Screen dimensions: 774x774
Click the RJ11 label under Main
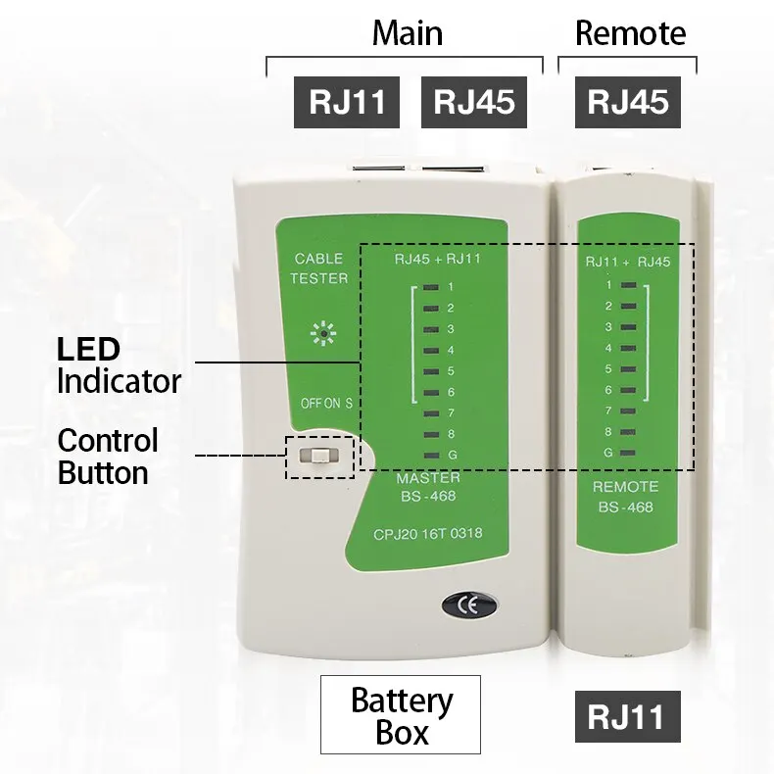click(x=347, y=102)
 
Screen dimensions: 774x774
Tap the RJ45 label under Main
click(x=474, y=102)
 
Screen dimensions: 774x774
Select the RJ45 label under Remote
click(x=628, y=102)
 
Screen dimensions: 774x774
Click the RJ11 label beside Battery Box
click(x=628, y=716)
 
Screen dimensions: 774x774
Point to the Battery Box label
click(x=401, y=714)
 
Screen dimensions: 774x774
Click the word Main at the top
click(x=408, y=33)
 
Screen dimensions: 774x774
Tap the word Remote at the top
click(x=630, y=33)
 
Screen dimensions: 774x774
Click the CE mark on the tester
click(x=469, y=605)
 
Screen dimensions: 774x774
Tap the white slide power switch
click(x=318, y=457)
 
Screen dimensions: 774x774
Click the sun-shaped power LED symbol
click(x=323, y=334)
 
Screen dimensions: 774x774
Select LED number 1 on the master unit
click(x=431, y=287)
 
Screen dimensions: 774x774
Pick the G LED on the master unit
click(x=431, y=456)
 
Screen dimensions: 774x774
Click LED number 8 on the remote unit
click(x=628, y=432)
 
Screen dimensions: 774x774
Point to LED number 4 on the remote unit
click(x=628, y=348)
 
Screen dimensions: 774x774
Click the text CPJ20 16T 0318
click(x=428, y=534)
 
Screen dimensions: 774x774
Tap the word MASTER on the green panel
click(x=428, y=478)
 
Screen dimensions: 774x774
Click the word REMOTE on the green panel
click(x=625, y=487)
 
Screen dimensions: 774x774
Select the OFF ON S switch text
click(x=326, y=404)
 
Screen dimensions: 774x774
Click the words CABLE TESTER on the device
click(x=318, y=268)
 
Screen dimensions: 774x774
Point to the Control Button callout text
click(x=108, y=457)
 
